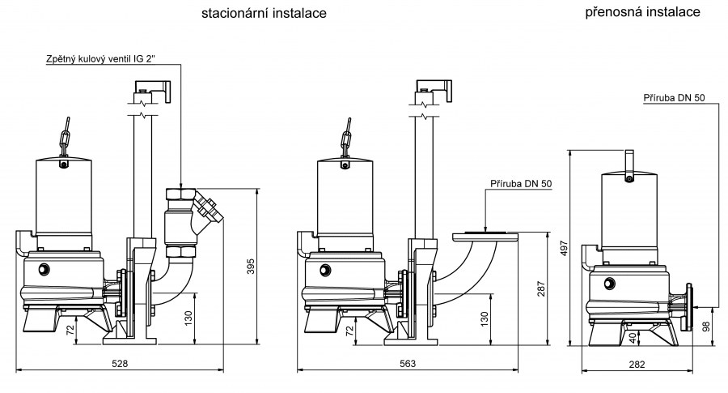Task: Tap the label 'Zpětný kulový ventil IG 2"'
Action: pyautogui.click(x=112, y=59)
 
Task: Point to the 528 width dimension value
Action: pyautogui.click(x=120, y=364)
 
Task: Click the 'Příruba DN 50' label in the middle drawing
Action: pyautogui.click(x=521, y=183)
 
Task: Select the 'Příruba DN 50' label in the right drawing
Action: pyautogui.click(x=674, y=97)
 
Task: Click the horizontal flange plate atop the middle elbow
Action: pyautogui.click(x=485, y=235)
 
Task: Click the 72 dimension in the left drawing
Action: pyautogui.click(x=70, y=331)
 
